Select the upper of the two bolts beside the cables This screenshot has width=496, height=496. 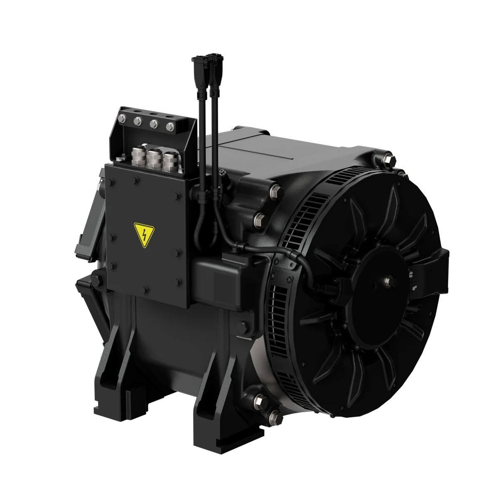tap(275, 193)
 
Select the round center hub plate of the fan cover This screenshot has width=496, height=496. tap(374, 287)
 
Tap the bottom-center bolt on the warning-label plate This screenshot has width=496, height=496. tap(145, 290)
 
